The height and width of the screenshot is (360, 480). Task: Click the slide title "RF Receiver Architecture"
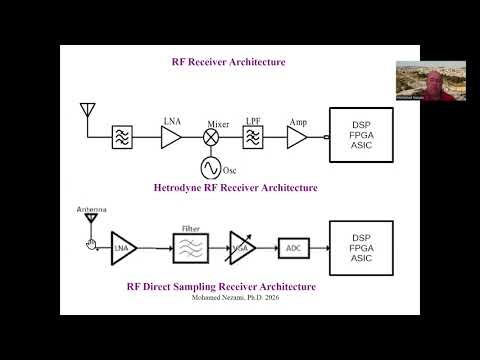(x=229, y=62)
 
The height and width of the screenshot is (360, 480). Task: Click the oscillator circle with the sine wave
(x=211, y=166)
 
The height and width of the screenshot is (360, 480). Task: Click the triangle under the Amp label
(x=297, y=138)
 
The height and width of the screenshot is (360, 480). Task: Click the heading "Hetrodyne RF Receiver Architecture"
(x=235, y=187)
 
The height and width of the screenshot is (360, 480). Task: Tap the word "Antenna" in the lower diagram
(x=91, y=210)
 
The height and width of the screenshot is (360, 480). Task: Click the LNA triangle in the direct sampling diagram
(x=123, y=246)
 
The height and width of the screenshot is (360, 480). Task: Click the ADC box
(x=293, y=246)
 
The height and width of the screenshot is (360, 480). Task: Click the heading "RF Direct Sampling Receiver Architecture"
(x=221, y=287)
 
